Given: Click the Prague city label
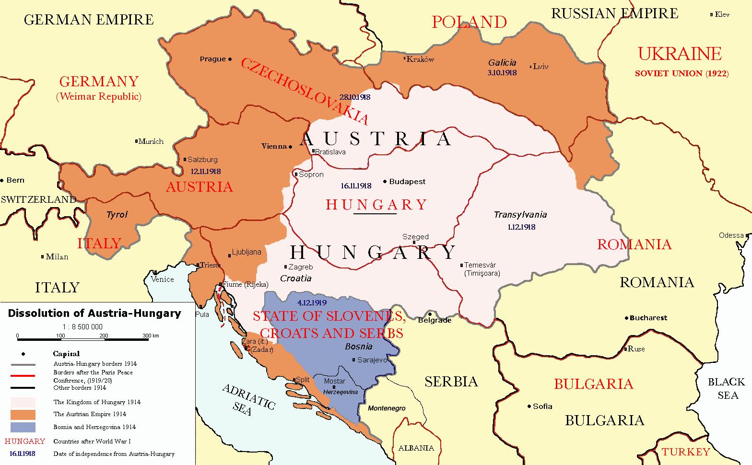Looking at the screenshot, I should point(212,59).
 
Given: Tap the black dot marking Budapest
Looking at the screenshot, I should point(385,182).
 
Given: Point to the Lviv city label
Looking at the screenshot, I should point(540,67).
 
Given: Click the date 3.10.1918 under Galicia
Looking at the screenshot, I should point(502,72).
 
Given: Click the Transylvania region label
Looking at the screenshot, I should point(520,215).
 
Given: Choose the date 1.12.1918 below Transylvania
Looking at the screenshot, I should point(521,227).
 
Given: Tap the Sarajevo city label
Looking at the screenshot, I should point(372,360).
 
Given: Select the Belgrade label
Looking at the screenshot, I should point(435,320).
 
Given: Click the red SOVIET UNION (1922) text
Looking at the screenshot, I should point(681,73).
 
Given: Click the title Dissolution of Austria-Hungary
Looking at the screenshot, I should point(94,314).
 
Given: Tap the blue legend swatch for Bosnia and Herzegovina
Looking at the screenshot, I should point(23,427).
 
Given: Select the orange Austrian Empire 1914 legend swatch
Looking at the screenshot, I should point(23,414).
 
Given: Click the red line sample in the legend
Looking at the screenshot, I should point(23,375).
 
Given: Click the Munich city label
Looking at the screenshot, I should point(151,141).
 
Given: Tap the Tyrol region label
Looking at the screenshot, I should point(117,214).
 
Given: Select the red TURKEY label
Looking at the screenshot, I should point(685,452).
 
